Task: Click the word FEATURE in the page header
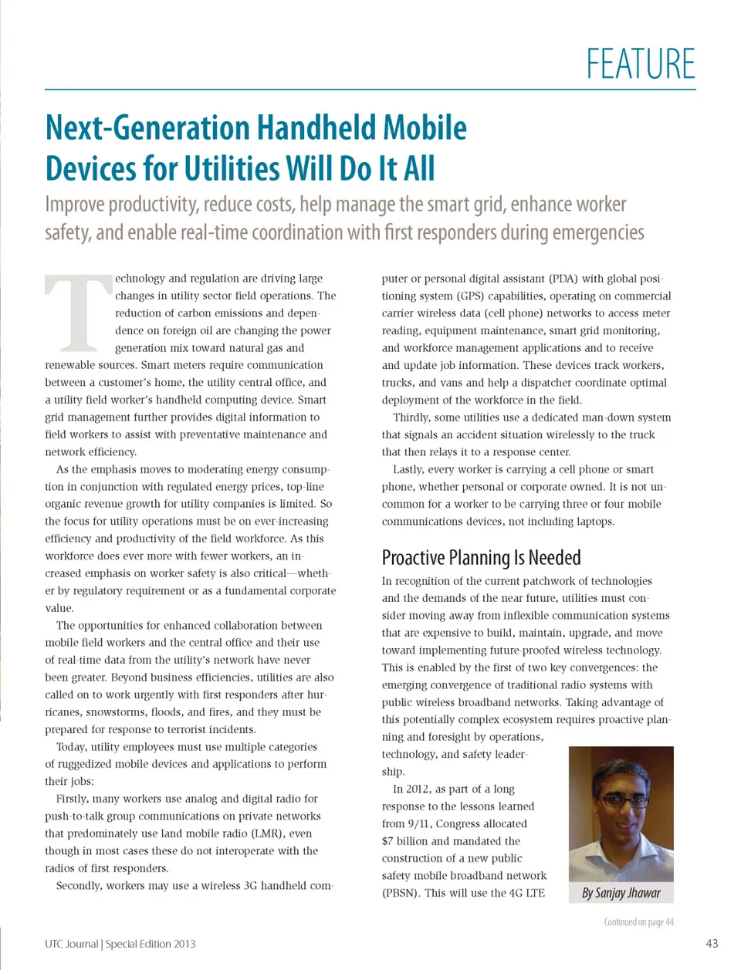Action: [x=640, y=64]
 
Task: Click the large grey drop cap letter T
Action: [x=77, y=313]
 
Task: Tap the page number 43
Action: [x=712, y=943]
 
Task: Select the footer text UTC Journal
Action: [x=71, y=944]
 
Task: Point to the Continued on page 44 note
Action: [x=638, y=921]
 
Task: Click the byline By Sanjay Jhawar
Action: [x=621, y=893]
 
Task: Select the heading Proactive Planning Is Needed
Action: [x=481, y=557]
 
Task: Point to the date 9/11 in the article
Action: [x=421, y=823]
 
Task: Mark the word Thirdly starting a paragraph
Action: [x=411, y=417]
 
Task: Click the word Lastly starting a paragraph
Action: [x=408, y=469]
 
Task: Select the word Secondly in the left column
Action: [x=79, y=885]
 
